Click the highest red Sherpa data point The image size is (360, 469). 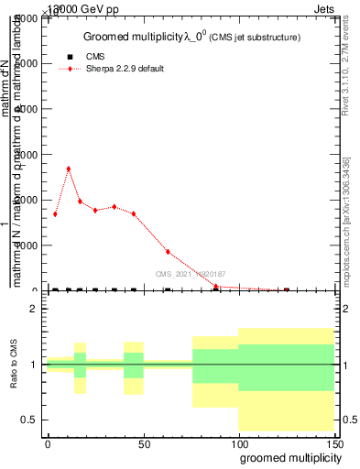[68, 169]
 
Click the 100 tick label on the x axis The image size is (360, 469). [239, 442]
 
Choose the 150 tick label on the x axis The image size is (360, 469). [333, 442]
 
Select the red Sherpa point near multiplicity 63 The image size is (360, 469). [168, 252]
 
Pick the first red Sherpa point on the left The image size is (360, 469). [55, 214]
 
